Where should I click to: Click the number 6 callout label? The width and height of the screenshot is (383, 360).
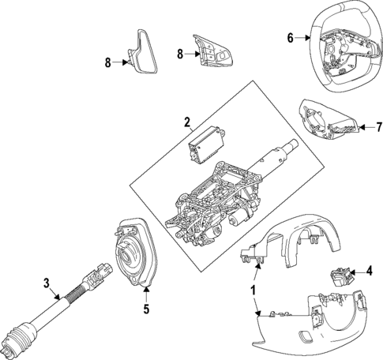click(290, 37)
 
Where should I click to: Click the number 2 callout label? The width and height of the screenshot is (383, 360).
click(186, 122)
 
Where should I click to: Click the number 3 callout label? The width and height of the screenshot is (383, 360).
click(47, 283)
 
